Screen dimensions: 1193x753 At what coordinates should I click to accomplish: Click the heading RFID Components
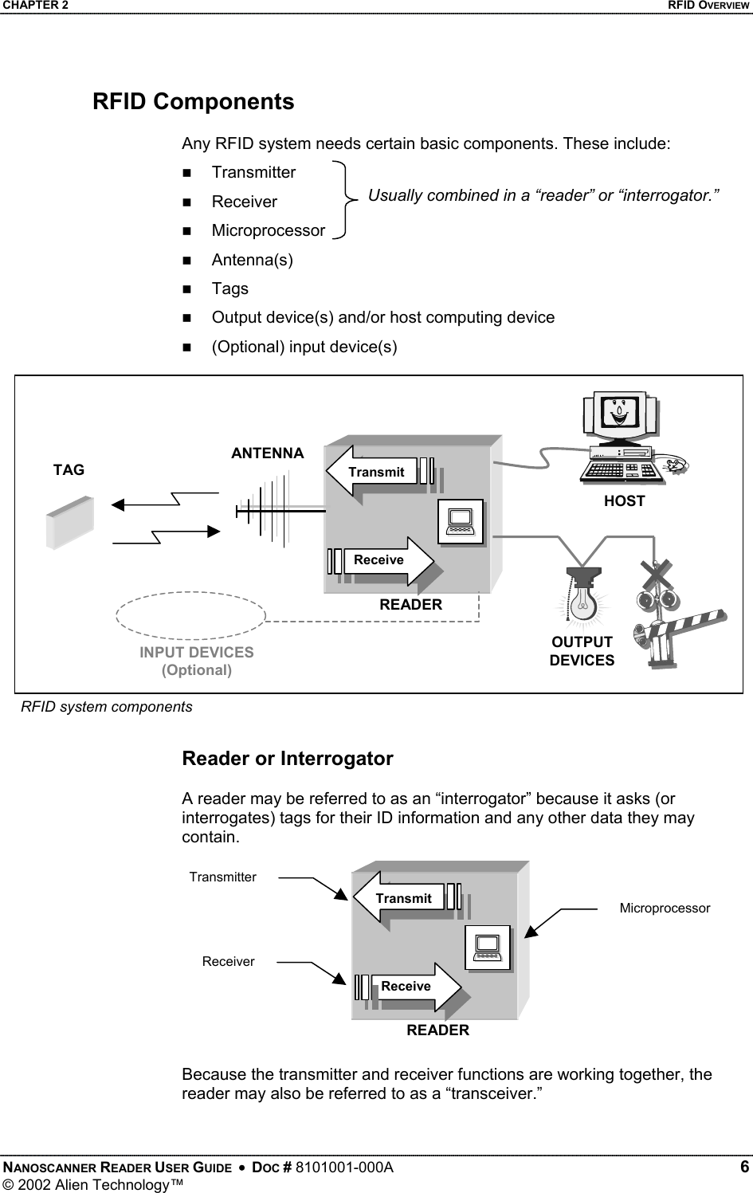[193, 102]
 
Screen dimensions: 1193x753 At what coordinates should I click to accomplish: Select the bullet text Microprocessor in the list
[268, 230]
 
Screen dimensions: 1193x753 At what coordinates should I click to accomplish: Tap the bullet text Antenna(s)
[252, 260]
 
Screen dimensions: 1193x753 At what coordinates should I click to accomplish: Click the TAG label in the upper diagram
[69, 470]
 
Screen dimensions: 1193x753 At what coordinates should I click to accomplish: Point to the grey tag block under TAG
[70, 523]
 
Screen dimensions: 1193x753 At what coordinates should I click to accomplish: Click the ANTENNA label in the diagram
[268, 453]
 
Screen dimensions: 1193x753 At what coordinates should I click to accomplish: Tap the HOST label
[624, 501]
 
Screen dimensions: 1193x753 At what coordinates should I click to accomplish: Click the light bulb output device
[583, 598]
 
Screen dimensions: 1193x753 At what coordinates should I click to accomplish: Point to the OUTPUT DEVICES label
[582, 651]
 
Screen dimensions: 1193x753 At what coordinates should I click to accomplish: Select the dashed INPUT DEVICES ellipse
[191, 615]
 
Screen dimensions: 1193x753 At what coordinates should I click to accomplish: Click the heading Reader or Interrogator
[288, 759]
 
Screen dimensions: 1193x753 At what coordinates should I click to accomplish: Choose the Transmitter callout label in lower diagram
[223, 877]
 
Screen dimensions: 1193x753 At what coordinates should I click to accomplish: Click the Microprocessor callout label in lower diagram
[665, 908]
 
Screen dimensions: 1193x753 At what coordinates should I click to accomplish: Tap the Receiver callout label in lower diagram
[228, 962]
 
